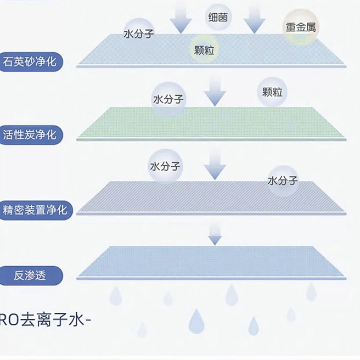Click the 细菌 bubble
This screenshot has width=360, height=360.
point(219,17)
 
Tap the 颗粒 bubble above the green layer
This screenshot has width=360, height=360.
point(273,92)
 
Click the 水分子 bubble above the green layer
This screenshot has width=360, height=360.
point(168,100)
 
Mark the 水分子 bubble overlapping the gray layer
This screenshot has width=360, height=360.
point(282,180)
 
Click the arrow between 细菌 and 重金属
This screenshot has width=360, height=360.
point(254,18)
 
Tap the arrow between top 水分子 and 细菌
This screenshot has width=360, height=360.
point(181,18)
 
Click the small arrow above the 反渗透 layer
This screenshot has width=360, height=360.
point(215,238)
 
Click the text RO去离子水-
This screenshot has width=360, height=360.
point(44,321)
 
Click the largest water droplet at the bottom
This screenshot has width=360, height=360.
point(196,321)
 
